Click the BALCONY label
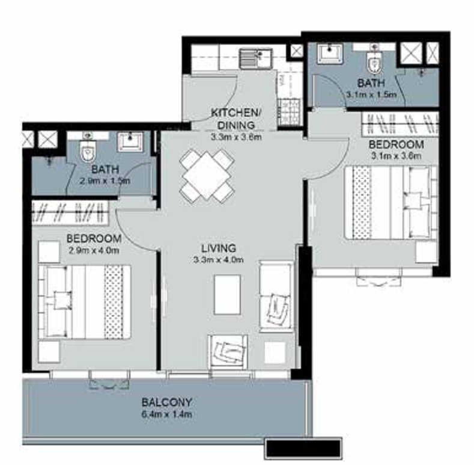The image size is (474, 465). pyautogui.click(x=166, y=402)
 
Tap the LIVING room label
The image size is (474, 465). pyautogui.click(x=218, y=248)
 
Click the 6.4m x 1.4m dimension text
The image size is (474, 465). pyautogui.click(x=167, y=414)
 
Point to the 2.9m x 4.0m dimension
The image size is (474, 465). pyautogui.click(x=94, y=250)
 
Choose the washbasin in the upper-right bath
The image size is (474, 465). pyautogui.click(x=330, y=54)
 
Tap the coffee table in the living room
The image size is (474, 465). pyautogui.click(x=227, y=294)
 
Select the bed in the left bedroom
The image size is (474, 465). pyautogui.click(x=85, y=301)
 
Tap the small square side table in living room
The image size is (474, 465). pyautogui.click(x=275, y=353)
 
